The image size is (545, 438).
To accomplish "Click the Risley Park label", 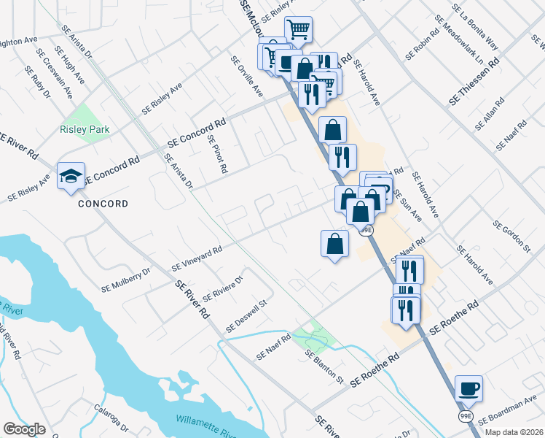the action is [x=85, y=130].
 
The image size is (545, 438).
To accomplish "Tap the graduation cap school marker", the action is [x=71, y=176].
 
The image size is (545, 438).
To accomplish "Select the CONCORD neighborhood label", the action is [x=103, y=204].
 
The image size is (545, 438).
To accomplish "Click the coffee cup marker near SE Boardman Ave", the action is [x=468, y=388].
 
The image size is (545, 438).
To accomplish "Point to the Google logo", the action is [x=24, y=429].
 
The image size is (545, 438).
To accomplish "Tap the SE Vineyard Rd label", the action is [x=196, y=258].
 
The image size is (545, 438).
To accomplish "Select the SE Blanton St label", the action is [x=324, y=366].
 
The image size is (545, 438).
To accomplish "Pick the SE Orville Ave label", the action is [x=246, y=77].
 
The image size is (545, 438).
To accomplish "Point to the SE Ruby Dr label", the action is [x=37, y=82].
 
